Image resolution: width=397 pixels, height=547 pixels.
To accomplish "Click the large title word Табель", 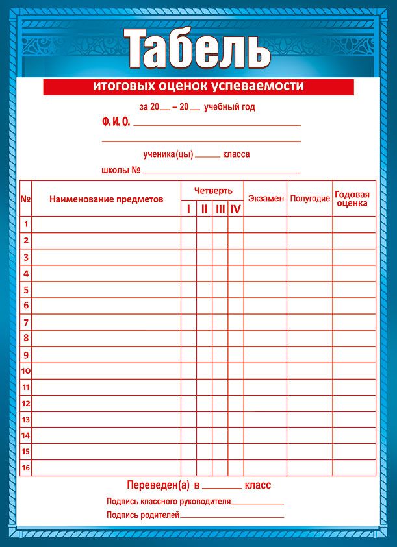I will (x=197, y=49).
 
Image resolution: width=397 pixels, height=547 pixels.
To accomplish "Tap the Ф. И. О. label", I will (x=116, y=121).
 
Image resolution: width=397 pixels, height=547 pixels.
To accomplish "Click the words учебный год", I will (x=229, y=106).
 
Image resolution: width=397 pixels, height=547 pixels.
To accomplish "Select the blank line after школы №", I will (x=221, y=172).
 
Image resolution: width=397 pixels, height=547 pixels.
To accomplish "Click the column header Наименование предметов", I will (x=106, y=199).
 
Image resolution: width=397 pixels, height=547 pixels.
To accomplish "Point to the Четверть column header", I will (x=212, y=191).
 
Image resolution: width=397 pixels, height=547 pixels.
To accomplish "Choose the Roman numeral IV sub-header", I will (x=235, y=209).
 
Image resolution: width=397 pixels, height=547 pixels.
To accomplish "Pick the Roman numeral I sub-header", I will (x=188, y=209).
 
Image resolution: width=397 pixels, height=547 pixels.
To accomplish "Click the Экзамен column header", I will (x=266, y=198).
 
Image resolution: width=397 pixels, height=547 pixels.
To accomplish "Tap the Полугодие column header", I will (x=310, y=199).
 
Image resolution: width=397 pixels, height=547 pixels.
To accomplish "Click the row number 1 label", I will (x=26, y=225).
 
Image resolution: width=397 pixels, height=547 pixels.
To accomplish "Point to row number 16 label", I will (x=26, y=467).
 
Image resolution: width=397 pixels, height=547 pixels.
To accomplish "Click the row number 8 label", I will (x=26, y=338).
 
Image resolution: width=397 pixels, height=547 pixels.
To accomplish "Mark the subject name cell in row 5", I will (x=106, y=289).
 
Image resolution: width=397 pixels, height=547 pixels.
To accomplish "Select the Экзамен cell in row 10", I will (x=265, y=371).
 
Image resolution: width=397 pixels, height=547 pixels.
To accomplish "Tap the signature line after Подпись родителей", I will (x=231, y=517).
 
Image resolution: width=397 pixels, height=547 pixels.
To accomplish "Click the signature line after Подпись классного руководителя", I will (x=257, y=502).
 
